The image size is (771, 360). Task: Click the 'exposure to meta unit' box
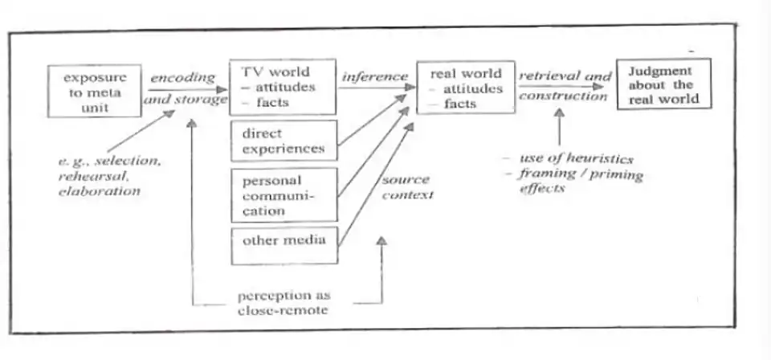(x=94, y=90)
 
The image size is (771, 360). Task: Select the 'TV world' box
(x=280, y=86)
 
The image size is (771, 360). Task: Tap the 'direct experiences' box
(x=284, y=140)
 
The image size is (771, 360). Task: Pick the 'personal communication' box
(x=284, y=194)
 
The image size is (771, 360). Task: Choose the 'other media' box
(x=284, y=244)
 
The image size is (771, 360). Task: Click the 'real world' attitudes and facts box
(x=466, y=87)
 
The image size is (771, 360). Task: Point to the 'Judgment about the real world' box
(x=663, y=83)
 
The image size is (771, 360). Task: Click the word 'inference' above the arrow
(x=374, y=76)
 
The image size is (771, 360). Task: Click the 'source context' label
(x=406, y=187)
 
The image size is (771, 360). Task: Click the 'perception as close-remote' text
(x=283, y=302)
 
